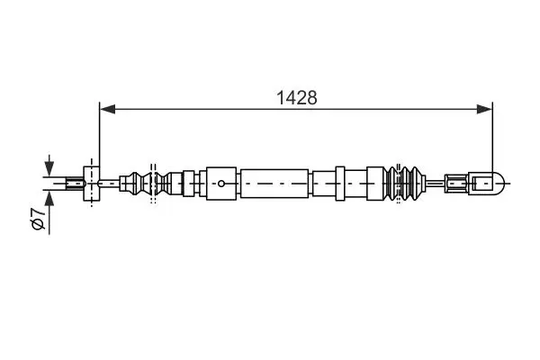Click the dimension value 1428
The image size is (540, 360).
coord(296,98)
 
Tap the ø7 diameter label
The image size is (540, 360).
coord(38,219)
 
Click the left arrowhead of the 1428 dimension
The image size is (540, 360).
coord(107,109)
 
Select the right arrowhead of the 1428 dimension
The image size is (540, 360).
coord(484,109)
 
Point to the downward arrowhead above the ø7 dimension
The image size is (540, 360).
coord(49,169)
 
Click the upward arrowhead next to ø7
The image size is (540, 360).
coord(49,198)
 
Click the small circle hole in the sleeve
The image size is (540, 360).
coord(221,184)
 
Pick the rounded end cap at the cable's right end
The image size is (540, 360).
coord(488,184)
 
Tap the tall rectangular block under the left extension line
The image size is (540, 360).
coord(92,184)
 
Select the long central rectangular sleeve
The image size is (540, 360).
coord(274,184)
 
